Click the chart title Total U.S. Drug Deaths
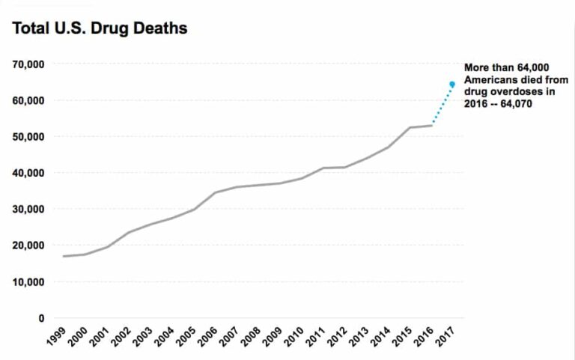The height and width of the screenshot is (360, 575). (99, 29)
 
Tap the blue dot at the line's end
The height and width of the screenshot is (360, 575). (452, 84)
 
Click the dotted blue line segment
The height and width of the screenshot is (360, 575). (442, 104)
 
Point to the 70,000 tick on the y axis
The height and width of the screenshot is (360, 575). (28, 64)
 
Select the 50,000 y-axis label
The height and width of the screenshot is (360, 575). (28, 137)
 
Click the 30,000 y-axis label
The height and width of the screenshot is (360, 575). (28, 210)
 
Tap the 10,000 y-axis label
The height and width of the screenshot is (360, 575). (28, 282)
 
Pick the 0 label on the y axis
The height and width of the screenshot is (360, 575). (40, 318)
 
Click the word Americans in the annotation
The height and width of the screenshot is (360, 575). (491, 80)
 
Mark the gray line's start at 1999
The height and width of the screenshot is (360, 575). (64, 256)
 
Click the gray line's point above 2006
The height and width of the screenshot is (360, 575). (215, 192)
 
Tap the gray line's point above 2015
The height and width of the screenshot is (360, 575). (410, 127)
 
